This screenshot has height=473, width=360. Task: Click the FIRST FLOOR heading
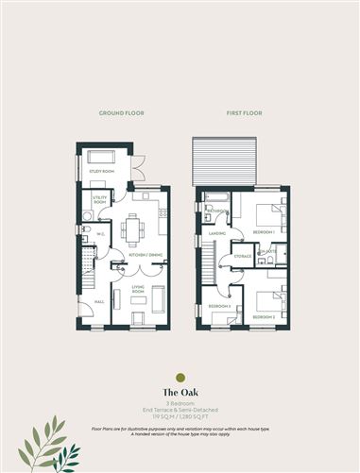click(x=242, y=113)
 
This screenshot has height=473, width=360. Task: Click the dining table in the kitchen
click(x=133, y=228)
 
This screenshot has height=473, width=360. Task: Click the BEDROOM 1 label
click(x=264, y=231)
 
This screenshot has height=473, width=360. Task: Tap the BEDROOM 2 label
click(x=264, y=317)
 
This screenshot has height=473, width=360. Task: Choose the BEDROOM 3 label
click(x=220, y=308)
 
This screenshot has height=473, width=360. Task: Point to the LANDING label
click(x=217, y=232)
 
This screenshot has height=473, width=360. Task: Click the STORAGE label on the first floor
click(x=242, y=255)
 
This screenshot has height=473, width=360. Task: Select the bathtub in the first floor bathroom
click(x=215, y=198)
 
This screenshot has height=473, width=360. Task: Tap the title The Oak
click(x=180, y=392)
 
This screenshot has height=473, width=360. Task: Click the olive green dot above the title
click(x=180, y=377)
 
